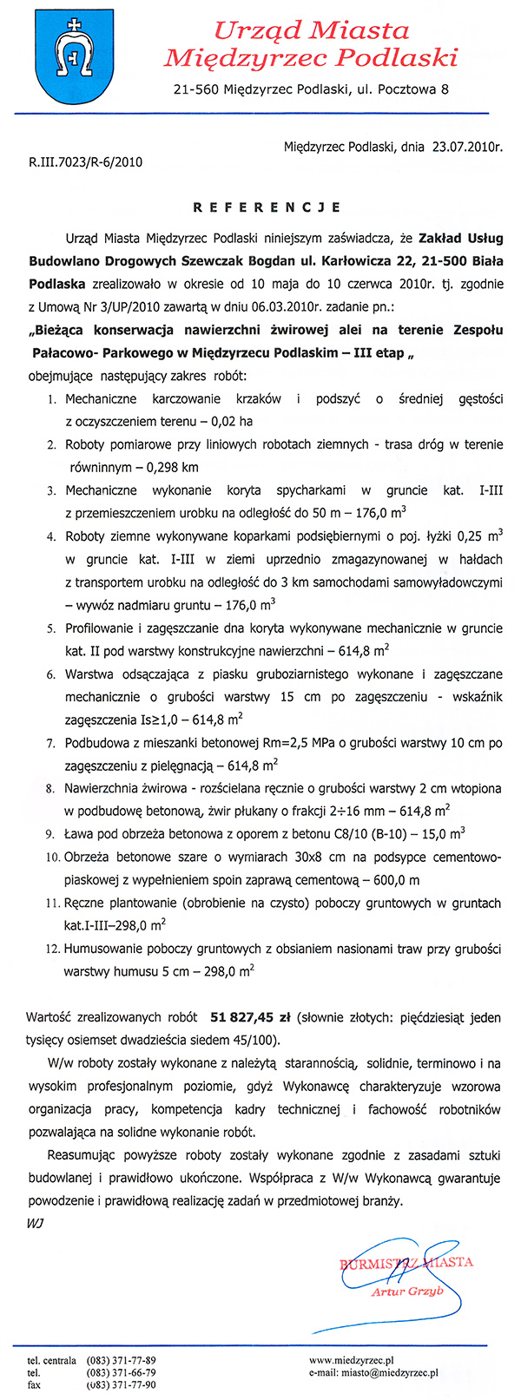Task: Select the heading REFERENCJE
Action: pos(266,207)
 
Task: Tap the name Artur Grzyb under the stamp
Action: pos(407,1291)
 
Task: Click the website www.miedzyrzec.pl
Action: pos(352,1358)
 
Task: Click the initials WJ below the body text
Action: pos(36,1222)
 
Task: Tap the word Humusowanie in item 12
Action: pos(101,949)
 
